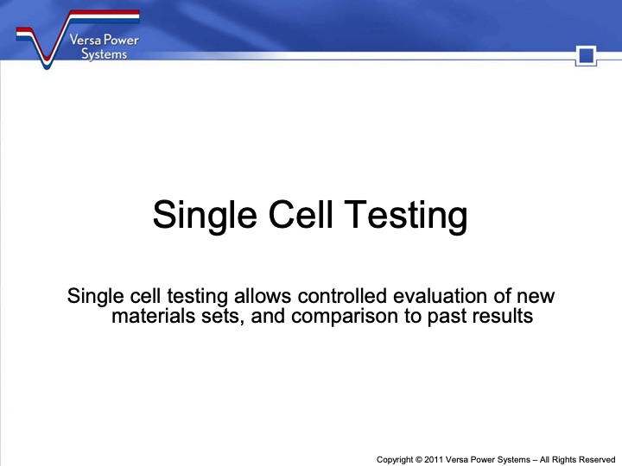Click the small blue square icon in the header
pyautogui.click(x=587, y=57)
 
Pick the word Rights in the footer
pyautogui.click(x=558, y=460)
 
